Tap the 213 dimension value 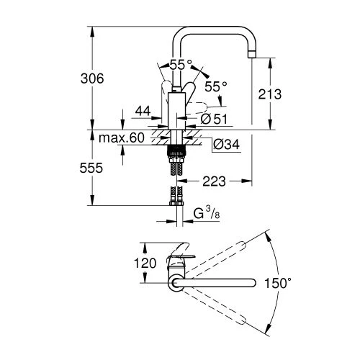(284, 94)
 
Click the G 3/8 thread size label (207, 214)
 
